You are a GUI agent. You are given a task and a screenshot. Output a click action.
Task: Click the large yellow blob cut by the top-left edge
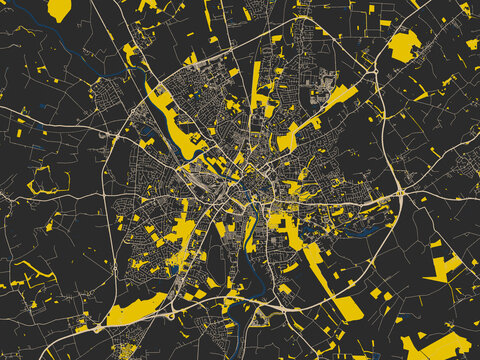click(59, 9)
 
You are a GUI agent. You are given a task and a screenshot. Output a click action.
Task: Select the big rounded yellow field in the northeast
click(404, 45)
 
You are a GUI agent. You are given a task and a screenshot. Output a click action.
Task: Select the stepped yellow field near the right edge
click(445, 266)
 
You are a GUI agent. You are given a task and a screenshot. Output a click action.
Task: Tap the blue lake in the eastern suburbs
click(371, 229)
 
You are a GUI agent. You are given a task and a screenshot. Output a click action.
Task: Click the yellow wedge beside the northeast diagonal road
click(340, 97)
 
